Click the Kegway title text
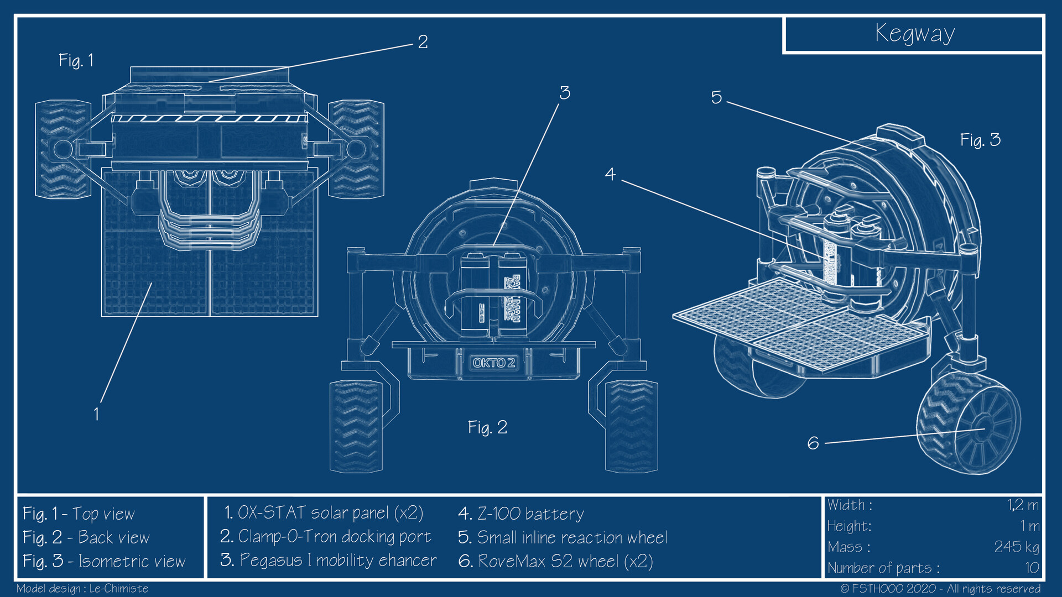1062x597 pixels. tap(914, 33)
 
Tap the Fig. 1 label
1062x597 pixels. tap(76, 60)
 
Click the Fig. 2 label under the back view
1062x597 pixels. tap(487, 427)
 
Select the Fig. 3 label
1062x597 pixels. tap(980, 140)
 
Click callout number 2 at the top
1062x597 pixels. tap(423, 42)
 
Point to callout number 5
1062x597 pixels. tap(716, 98)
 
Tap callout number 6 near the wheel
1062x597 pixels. tap(813, 443)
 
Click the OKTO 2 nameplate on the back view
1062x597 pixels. tap(493, 363)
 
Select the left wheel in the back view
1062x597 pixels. tap(356, 426)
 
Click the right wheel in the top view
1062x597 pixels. tap(356, 149)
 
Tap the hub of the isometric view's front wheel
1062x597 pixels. tap(982, 429)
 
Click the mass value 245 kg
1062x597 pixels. tap(1016, 547)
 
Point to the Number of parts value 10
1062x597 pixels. tap(1032, 568)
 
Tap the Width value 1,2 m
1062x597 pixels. tap(1023, 505)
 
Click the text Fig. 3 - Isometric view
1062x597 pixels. tap(104, 561)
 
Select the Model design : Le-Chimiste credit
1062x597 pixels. tap(82, 588)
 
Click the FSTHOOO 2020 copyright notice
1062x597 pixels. tap(940, 588)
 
